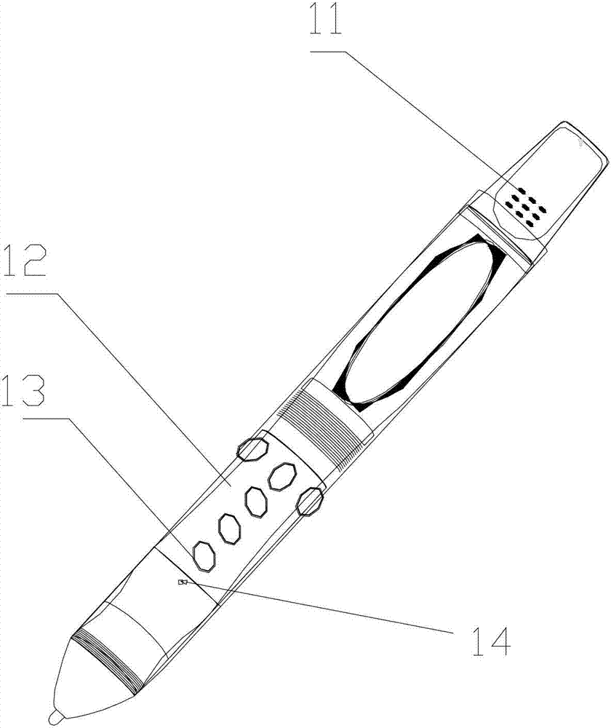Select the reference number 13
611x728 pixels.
(23, 392)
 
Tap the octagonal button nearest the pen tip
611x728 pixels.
(204, 555)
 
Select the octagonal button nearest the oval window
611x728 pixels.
(282, 476)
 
